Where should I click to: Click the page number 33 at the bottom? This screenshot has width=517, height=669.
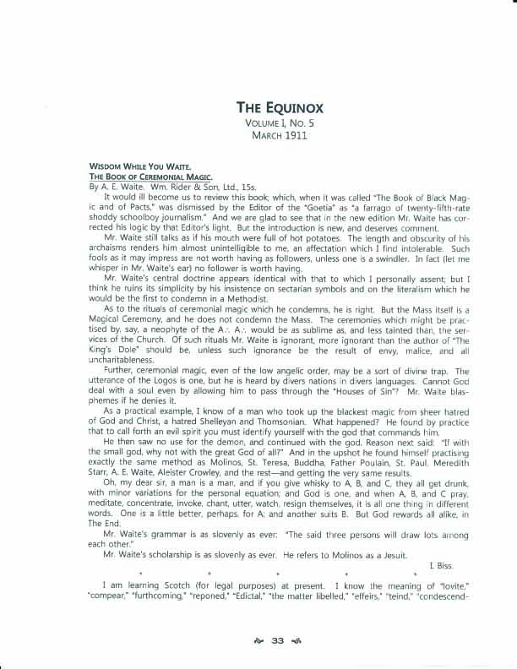[x=277, y=640]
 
